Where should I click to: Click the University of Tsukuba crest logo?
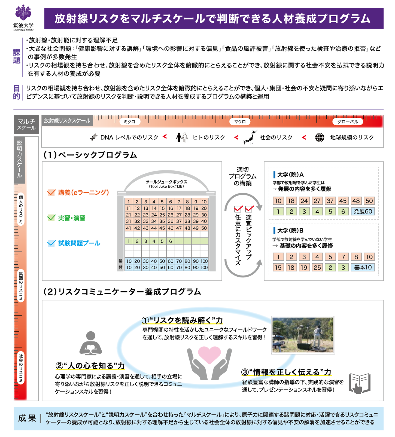(23, 13)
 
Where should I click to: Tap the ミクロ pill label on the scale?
(130, 122)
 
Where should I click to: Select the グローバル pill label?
(348, 122)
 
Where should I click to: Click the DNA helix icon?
(94, 137)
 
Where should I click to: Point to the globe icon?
(320, 137)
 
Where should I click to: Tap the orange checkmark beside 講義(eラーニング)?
(51, 193)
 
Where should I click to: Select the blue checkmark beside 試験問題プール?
(51, 243)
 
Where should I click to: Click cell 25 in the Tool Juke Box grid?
(162, 215)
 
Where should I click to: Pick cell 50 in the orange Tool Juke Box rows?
(204, 228)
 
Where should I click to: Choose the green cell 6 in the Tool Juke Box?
(171, 241)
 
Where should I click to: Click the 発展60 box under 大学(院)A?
(363, 212)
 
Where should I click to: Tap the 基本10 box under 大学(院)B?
(363, 267)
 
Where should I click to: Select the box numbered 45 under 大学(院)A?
(343, 201)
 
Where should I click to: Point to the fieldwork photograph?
(303, 335)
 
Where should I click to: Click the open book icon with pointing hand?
(359, 383)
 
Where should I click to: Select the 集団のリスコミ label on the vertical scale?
(21, 286)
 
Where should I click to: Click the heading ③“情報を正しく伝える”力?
(286, 372)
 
